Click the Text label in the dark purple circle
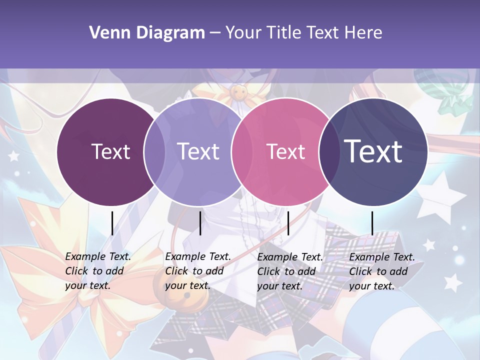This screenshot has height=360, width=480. (110, 151)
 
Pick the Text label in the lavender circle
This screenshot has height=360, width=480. (198, 151)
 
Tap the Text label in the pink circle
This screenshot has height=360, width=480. (285, 151)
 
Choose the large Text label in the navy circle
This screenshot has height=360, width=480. (373, 151)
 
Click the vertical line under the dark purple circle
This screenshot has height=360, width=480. (112, 223)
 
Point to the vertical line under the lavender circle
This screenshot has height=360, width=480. (200, 223)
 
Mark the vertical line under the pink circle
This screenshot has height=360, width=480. (288, 223)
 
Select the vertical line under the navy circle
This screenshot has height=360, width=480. (372, 223)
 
